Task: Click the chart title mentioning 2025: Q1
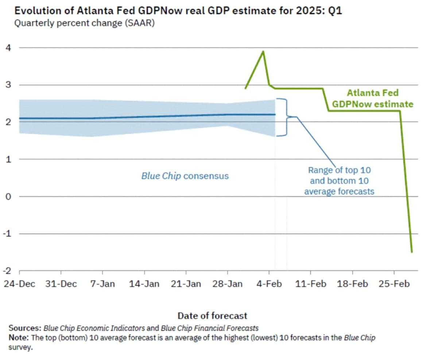[x=178, y=11]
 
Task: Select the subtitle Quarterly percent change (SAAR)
[x=84, y=24]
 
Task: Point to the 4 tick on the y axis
[x=7, y=47]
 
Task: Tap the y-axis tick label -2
[x=6, y=271]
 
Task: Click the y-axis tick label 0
[x=7, y=197]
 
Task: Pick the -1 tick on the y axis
[x=6, y=234]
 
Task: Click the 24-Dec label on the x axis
[x=19, y=284]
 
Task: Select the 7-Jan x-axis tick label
[x=102, y=284]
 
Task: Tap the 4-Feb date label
[x=269, y=284]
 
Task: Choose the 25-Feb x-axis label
[x=394, y=284]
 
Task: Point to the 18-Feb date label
[x=352, y=284]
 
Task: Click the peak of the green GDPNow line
[x=263, y=51]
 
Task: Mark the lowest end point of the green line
[x=412, y=252]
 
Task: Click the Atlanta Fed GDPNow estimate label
[x=372, y=98]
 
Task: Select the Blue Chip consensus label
[x=185, y=176]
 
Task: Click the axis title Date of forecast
[x=212, y=316]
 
